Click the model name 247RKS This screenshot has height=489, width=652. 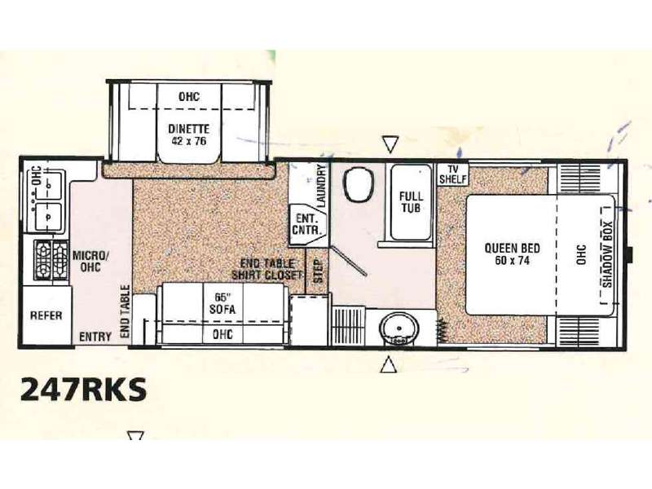[84, 389]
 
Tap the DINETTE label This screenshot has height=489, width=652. [189, 129]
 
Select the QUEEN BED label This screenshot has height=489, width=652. [513, 249]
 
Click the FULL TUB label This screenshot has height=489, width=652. [411, 201]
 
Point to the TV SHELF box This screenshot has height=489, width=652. [453, 174]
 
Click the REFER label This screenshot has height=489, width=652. [46, 315]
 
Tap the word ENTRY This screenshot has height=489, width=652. [95, 337]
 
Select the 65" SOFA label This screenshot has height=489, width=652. [222, 303]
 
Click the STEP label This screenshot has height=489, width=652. [318, 271]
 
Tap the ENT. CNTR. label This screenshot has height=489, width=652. [306, 225]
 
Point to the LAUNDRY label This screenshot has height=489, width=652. [321, 186]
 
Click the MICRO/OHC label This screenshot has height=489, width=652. [91, 261]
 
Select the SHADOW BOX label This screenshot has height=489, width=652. [607, 254]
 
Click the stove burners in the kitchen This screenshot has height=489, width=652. [51, 260]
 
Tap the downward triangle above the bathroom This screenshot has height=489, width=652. [390, 144]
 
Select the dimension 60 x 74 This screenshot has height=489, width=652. [513, 261]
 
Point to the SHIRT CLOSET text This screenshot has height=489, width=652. [267, 275]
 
